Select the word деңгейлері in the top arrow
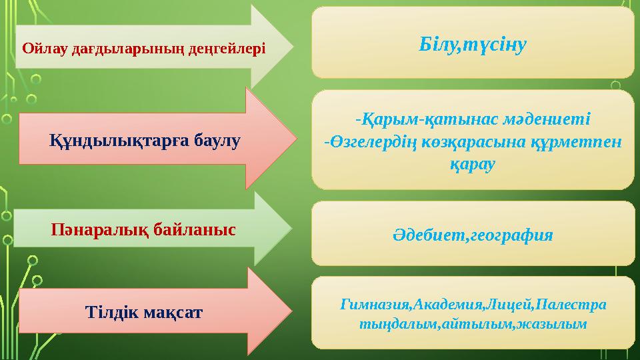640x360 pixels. point(231,48)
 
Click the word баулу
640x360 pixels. point(217,140)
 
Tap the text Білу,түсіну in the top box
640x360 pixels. point(473,45)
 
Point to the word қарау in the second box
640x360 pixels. point(473,164)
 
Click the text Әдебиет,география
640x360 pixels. point(473,235)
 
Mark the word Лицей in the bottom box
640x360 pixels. point(513,305)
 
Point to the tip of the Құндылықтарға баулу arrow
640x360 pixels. point(293,139)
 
